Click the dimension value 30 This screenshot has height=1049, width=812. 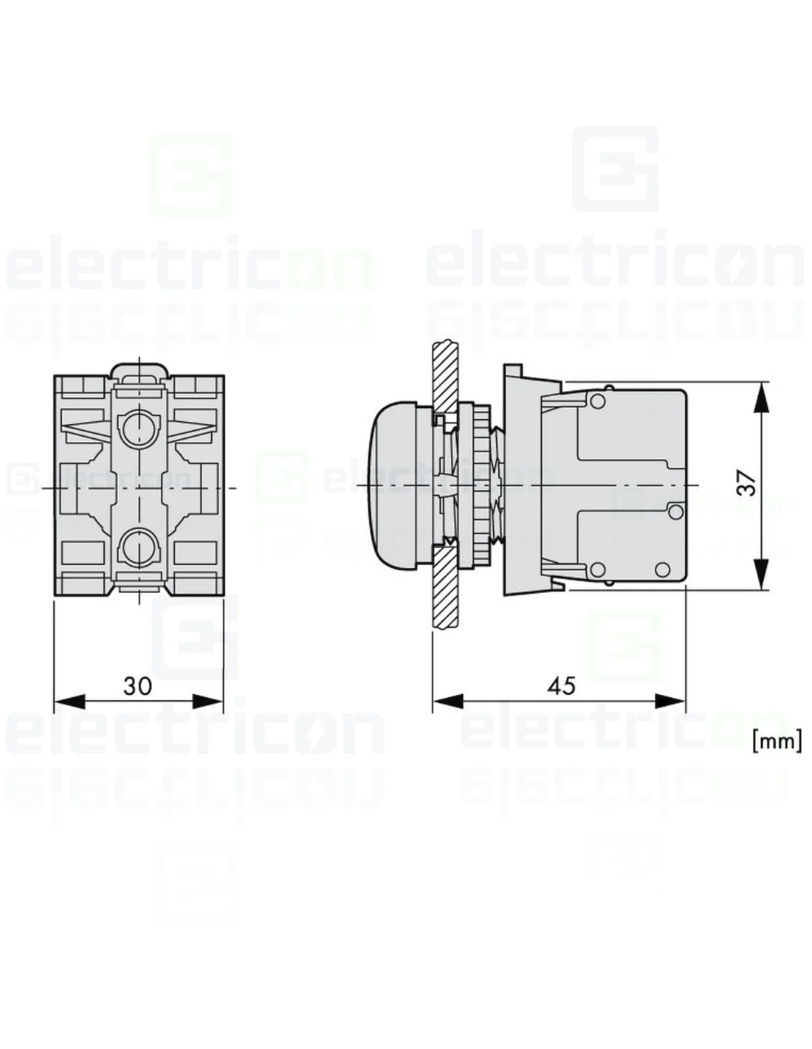tap(137, 686)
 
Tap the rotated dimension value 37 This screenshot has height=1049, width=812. tap(746, 483)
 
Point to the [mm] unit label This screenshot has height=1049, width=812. tap(777, 742)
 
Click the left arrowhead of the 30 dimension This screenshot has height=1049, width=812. tap(69, 702)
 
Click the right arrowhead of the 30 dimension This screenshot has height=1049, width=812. tap(208, 702)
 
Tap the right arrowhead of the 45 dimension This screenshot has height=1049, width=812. tap(670, 702)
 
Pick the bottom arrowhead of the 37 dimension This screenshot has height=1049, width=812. tap(762, 574)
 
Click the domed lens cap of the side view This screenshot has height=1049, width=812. tap(392, 484)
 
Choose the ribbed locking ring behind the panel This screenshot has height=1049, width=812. tap(481, 484)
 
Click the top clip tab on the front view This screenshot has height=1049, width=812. tap(139, 372)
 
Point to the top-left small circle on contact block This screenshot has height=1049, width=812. tap(598, 400)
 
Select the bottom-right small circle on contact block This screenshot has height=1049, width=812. tap(663, 569)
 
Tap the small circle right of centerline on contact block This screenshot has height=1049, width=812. tap(676, 512)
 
